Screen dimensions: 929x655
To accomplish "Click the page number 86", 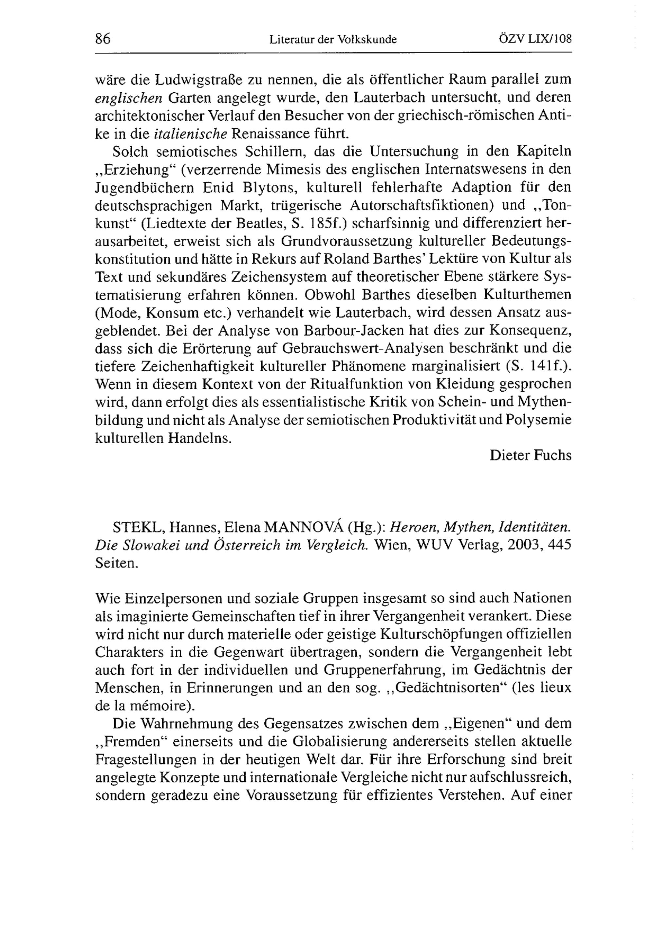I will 103,39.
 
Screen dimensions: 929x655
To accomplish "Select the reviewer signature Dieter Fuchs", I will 531,455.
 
